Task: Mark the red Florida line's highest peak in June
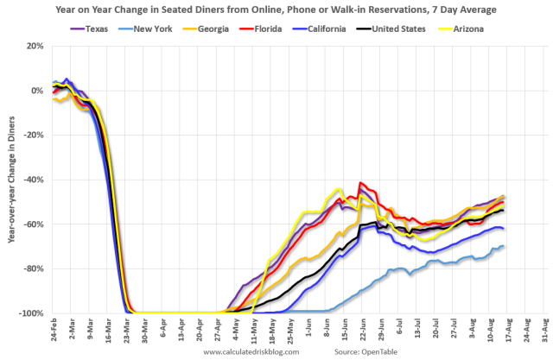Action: [359, 183]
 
